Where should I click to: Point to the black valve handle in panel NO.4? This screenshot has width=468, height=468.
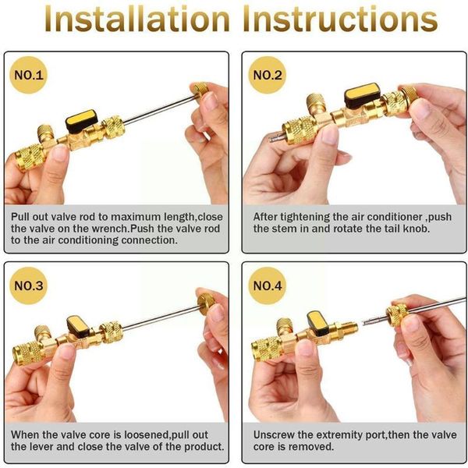click(317, 320)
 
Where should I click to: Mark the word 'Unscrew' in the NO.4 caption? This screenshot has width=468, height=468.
click(273, 434)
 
